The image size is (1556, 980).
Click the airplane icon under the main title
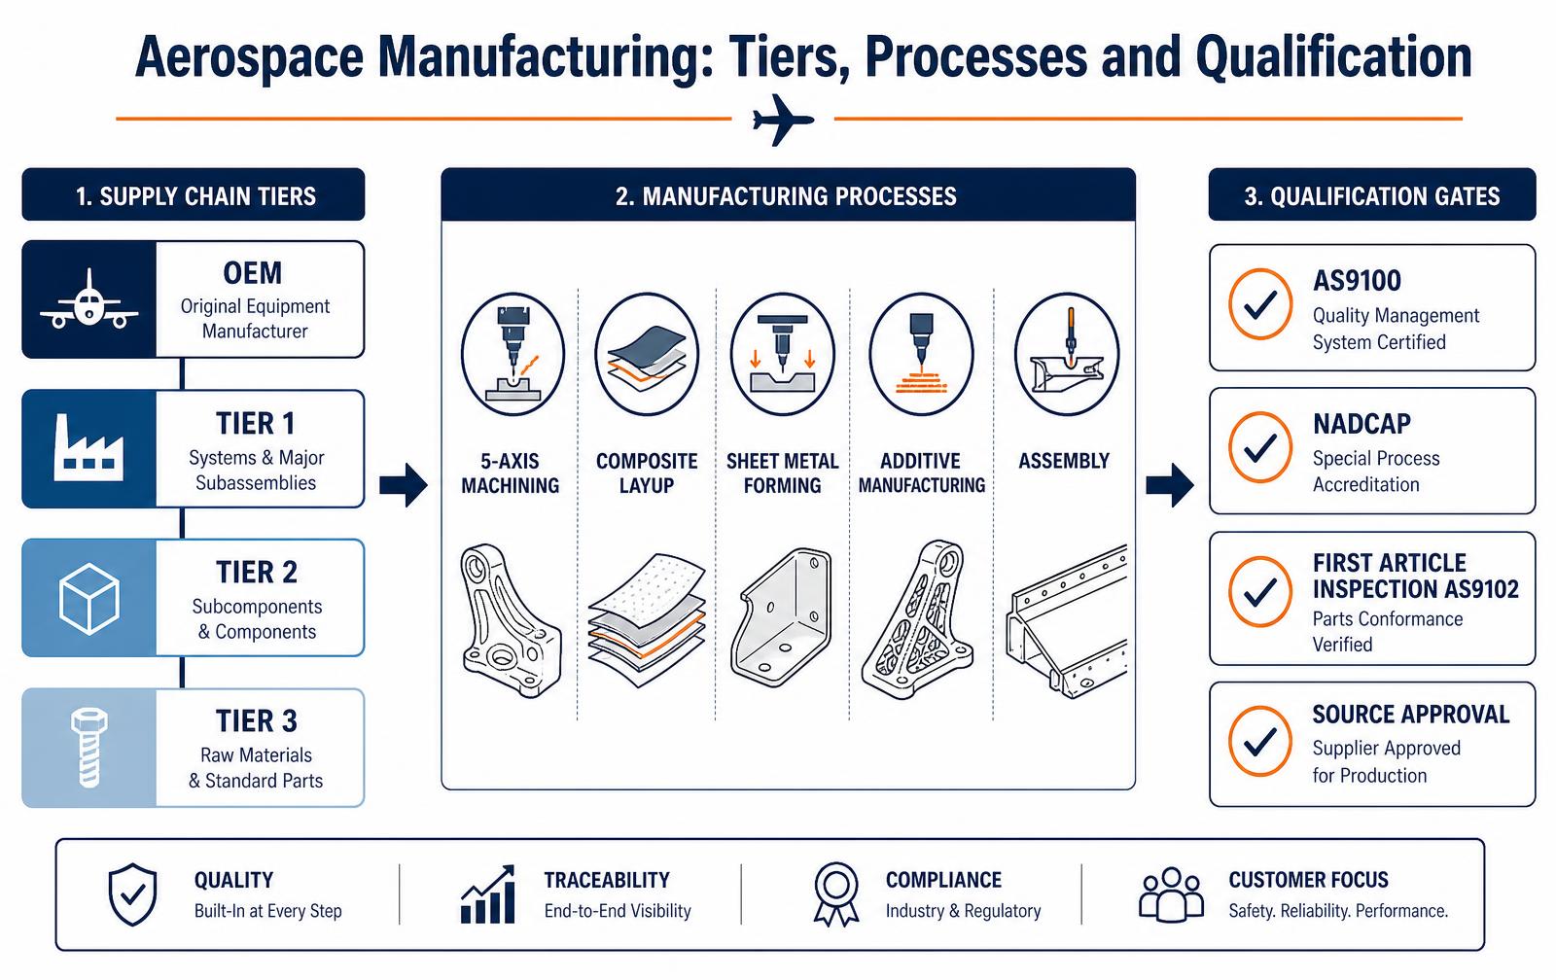[x=783, y=120]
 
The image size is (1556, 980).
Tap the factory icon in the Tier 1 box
[x=88, y=448]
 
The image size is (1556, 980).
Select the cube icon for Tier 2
[x=88, y=598]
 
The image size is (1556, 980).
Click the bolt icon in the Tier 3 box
[x=88, y=748]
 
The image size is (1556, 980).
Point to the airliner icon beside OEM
[x=88, y=299]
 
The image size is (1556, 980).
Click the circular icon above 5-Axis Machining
[x=513, y=354]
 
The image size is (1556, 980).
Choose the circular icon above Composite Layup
[x=647, y=354]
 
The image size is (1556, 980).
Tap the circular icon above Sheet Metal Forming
[x=783, y=354]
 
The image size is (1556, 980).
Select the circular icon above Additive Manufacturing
[x=921, y=354]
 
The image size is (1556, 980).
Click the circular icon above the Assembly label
[x=1067, y=354]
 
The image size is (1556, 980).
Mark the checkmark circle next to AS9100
[x=1260, y=304]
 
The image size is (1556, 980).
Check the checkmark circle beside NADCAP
[x=1260, y=447]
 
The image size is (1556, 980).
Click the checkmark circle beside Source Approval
[x=1260, y=742]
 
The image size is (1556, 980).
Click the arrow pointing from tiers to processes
[x=404, y=485]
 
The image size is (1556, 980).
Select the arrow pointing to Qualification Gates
[x=1170, y=485]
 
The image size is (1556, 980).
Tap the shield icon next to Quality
[x=132, y=894]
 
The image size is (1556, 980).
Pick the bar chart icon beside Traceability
[x=487, y=893]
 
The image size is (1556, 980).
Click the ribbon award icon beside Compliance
[x=836, y=894]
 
